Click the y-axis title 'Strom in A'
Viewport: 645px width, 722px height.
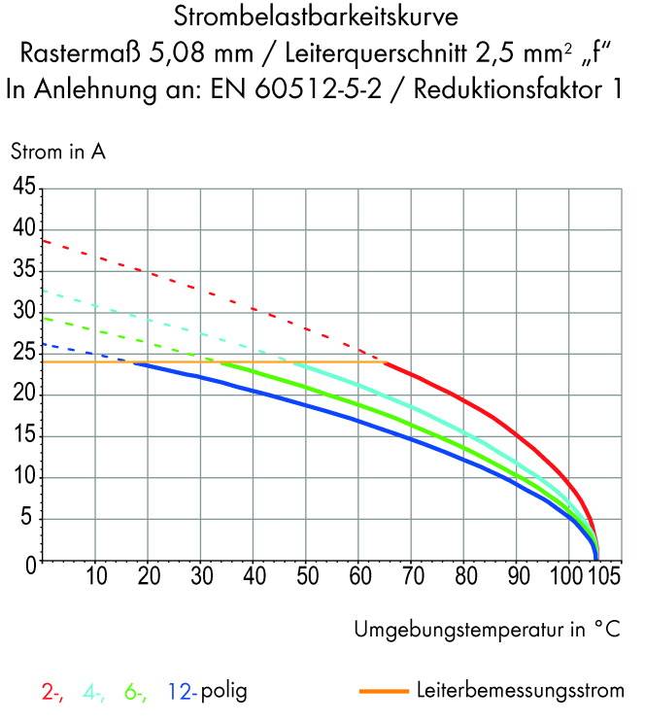pos(57,152)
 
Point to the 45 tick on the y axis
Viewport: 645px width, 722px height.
pos(23,188)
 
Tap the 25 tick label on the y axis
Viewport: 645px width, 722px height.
pos(23,354)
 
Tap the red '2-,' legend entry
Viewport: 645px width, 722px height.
pos(52,693)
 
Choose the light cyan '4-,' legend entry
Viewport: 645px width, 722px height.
pos(95,693)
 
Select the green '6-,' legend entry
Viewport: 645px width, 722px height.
pos(135,693)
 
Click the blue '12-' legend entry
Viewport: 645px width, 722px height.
pos(182,693)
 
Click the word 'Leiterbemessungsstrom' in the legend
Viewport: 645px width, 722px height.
pos(520,692)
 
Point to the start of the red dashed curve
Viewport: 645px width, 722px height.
pos(44,240)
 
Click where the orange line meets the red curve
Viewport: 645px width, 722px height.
pos(387,362)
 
